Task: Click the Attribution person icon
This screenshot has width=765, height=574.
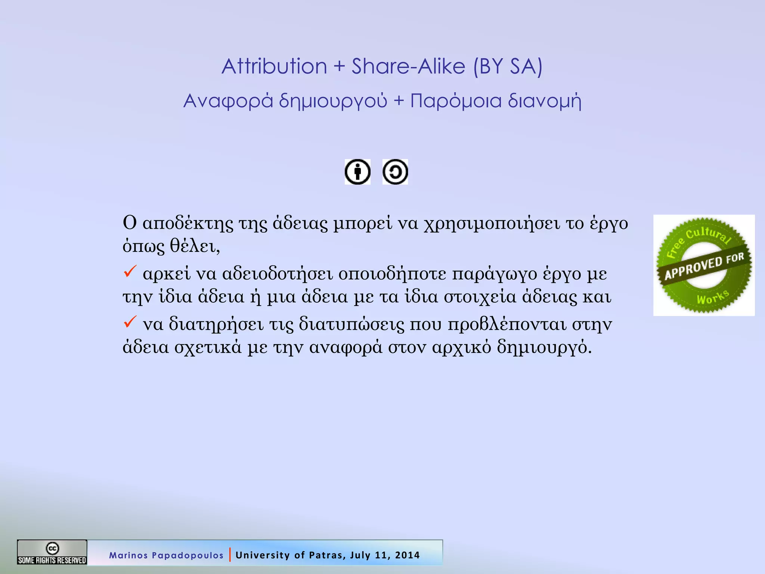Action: click(357, 172)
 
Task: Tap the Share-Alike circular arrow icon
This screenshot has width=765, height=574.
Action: click(395, 172)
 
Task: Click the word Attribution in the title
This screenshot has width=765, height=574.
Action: click(274, 67)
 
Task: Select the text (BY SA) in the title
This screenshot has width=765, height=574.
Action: click(508, 67)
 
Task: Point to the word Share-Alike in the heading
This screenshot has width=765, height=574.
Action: click(408, 67)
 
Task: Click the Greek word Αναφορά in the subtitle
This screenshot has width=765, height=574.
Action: click(228, 101)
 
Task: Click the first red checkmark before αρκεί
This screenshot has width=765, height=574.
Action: click(130, 271)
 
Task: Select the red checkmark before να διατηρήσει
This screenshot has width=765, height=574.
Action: click(130, 322)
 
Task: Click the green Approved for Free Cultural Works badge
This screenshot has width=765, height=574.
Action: click(704, 265)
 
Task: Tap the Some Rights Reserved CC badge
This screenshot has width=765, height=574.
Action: click(52, 552)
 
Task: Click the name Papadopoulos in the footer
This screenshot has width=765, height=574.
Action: click(188, 555)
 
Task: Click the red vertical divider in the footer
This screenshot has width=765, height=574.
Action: click(230, 555)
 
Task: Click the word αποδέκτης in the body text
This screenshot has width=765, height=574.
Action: click(188, 223)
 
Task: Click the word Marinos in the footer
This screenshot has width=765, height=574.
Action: click(128, 555)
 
